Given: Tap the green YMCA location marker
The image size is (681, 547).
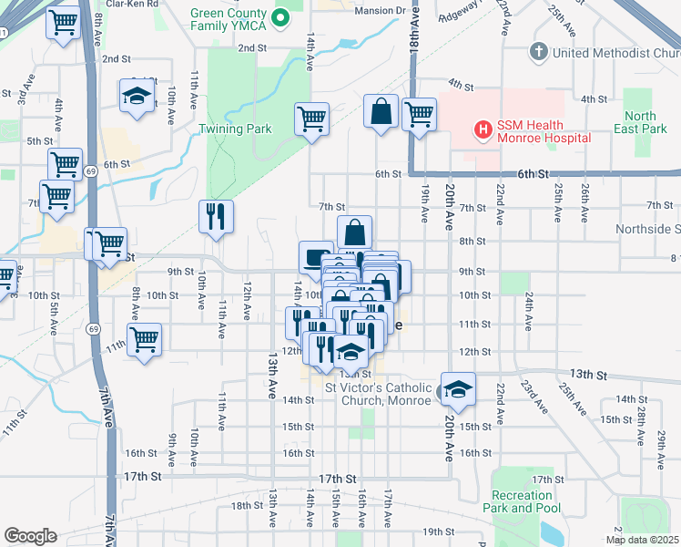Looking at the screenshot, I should click(x=280, y=16).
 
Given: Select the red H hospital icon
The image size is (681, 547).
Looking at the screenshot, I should click(x=483, y=131).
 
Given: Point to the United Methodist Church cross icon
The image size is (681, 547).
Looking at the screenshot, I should click(x=538, y=52).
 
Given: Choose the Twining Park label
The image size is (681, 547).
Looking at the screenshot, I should click(x=235, y=129).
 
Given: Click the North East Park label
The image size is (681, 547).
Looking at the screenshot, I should click(x=640, y=122).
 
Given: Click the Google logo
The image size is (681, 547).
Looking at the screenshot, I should click(x=31, y=536).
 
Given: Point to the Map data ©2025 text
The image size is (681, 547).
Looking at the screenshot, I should click(x=642, y=540).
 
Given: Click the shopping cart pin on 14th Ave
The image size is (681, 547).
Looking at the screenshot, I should click(x=311, y=119).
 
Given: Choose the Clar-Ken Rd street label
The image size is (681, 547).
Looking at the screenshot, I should click(x=127, y=4).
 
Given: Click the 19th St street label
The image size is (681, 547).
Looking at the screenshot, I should click(x=437, y=532).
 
